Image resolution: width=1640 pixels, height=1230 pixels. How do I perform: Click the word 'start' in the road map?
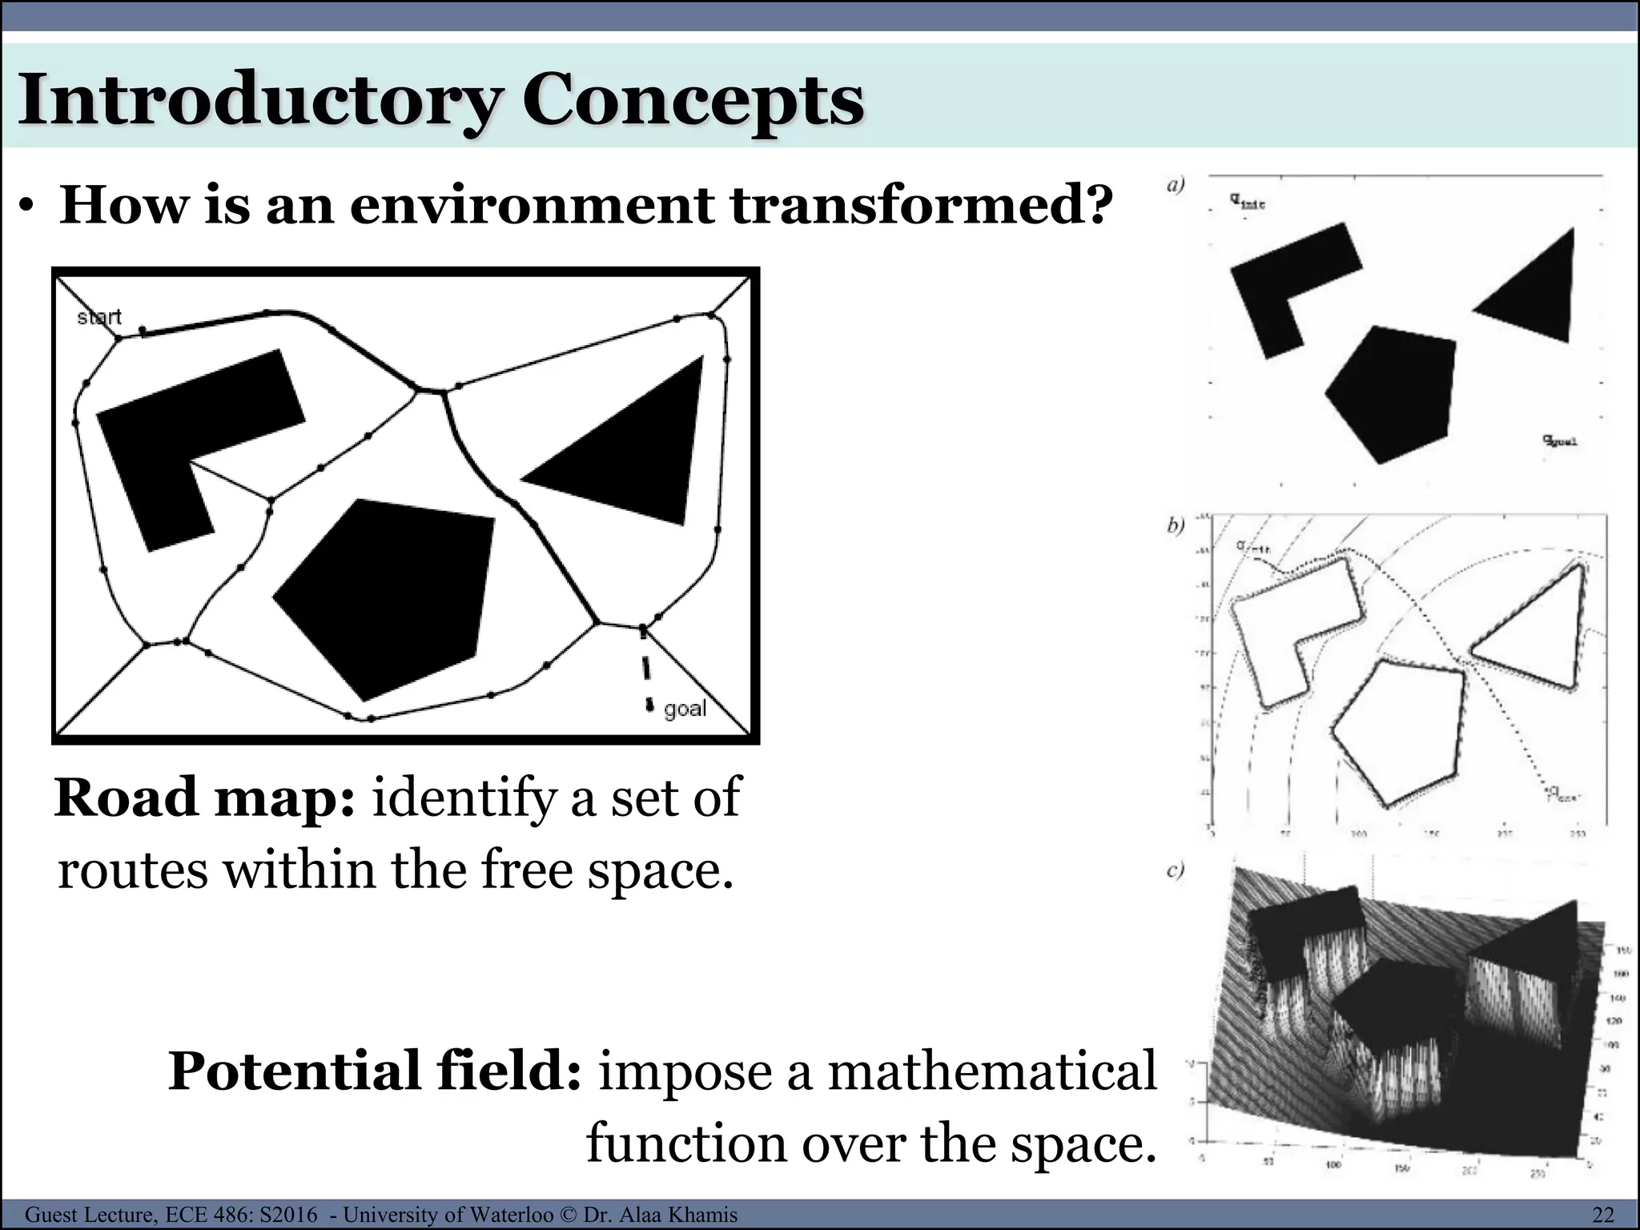pos(99,317)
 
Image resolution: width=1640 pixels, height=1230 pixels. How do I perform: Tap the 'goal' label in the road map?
pos(685,709)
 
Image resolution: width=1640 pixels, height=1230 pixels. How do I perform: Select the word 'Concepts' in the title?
pos(693,102)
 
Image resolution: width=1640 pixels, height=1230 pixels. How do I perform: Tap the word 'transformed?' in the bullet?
pos(921,204)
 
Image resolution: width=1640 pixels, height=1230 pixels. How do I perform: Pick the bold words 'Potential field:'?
pos(375,1071)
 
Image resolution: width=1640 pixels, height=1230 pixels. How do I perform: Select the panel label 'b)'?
pos(1176,526)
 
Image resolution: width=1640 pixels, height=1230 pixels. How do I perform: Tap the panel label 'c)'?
pos(1176,870)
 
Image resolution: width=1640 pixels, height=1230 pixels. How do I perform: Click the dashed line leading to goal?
pos(645,669)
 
